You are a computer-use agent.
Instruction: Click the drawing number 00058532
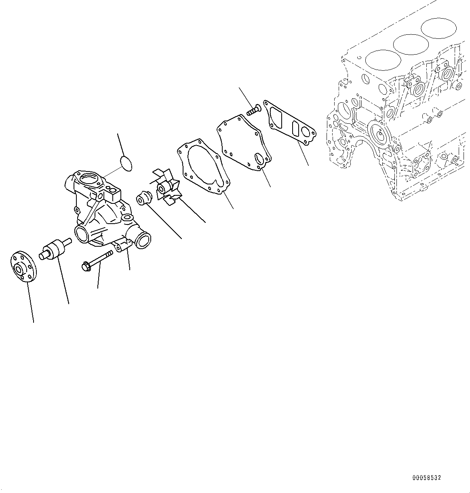[x=426, y=478]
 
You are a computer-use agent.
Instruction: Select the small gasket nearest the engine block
[x=289, y=122]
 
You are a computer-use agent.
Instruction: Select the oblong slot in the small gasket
[x=296, y=129]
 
